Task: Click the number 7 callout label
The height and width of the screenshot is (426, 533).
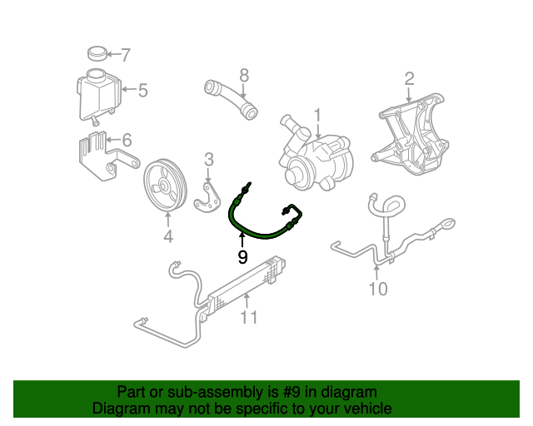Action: (x=126, y=56)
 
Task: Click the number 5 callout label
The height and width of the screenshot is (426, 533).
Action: (x=142, y=90)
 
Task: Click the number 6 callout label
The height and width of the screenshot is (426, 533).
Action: (x=127, y=140)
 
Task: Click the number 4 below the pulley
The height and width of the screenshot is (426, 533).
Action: (x=167, y=237)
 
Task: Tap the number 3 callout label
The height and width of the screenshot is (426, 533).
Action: (x=209, y=159)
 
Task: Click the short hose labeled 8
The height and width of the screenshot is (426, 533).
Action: (x=230, y=96)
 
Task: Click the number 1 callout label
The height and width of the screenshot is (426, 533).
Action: (x=317, y=114)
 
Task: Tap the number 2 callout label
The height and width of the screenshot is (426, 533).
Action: (x=409, y=79)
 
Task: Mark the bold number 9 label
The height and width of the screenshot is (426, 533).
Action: (x=242, y=257)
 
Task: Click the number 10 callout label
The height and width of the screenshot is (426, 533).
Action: (x=378, y=289)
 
